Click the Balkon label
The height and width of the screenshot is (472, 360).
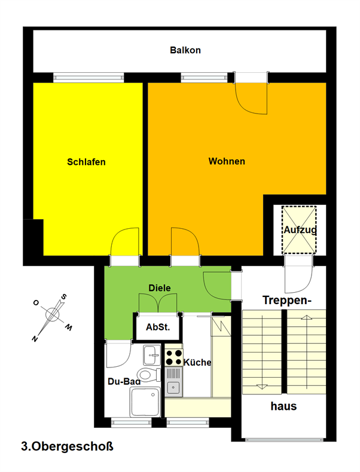pyautogui.click(x=185, y=50)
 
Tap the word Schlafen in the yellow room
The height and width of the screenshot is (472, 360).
pyautogui.click(x=86, y=162)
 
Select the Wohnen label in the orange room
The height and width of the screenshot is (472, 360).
pyautogui.click(x=227, y=161)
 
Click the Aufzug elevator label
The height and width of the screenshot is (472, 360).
pyautogui.click(x=300, y=230)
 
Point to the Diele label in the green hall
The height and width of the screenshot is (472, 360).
pyautogui.click(x=160, y=288)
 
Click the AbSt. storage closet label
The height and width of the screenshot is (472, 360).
pyautogui.click(x=158, y=327)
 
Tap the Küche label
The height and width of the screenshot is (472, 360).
pyautogui.click(x=197, y=362)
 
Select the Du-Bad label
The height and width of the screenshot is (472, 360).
pyautogui.click(x=124, y=382)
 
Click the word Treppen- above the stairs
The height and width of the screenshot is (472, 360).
pyautogui.click(x=287, y=301)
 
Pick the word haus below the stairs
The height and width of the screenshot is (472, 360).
pyautogui.click(x=283, y=406)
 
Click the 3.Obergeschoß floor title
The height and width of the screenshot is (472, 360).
pyautogui.click(x=67, y=446)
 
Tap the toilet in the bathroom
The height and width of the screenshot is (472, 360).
pyautogui.click(x=149, y=375)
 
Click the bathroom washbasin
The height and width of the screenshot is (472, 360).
pyautogui.click(x=152, y=355)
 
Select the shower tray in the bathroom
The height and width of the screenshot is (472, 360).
pyautogui.click(x=145, y=402)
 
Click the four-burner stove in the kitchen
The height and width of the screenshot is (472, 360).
pyautogui.click(x=174, y=357)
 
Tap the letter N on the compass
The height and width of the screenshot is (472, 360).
pyautogui.click(x=35, y=339)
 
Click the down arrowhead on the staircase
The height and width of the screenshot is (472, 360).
pyautogui.click(x=262, y=387)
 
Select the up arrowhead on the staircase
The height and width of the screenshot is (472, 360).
pyautogui.click(x=306, y=317)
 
